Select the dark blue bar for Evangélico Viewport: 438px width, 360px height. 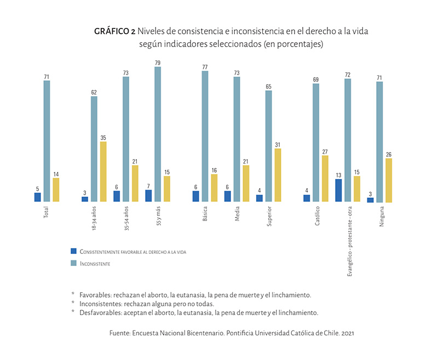[x=339, y=191]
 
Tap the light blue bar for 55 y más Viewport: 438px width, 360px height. [x=157, y=135]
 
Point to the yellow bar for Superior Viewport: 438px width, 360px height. [x=278, y=175]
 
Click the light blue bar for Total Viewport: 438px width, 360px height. [x=47, y=142]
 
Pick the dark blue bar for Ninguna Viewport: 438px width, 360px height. [x=371, y=200]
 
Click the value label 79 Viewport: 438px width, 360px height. [x=157, y=62]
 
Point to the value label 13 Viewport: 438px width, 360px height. [x=339, y=175]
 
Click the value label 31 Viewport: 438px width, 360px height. [x=278, y=144]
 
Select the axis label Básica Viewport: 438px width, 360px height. [x=197, y=217]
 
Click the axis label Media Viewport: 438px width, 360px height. [x=228, y=216]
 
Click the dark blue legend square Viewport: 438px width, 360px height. [x=73, y=251]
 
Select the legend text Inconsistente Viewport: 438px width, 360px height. [x=95, y=264]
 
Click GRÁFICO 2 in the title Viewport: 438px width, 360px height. [x=115, y=31]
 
